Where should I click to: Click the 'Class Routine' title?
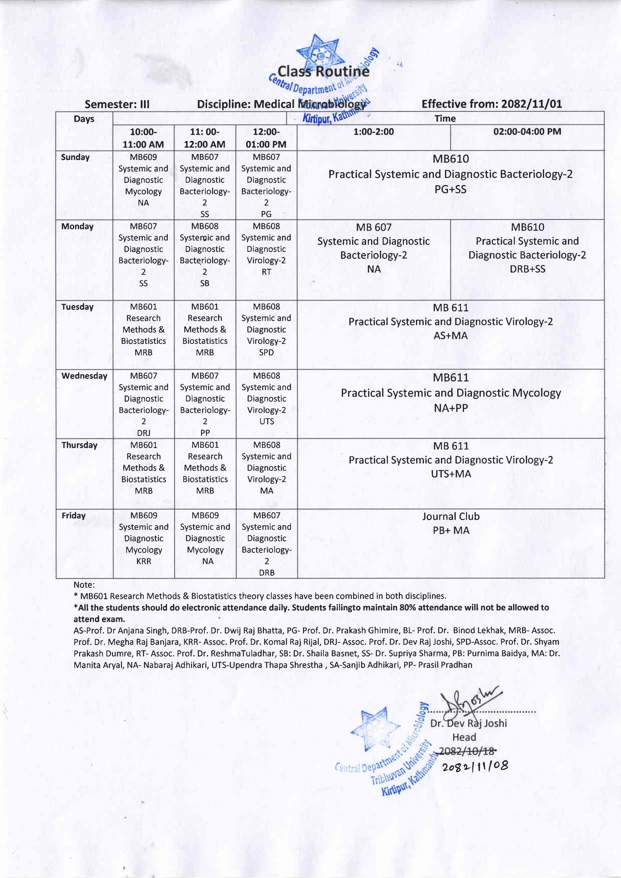click(323, 71)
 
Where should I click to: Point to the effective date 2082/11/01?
click(492, 104)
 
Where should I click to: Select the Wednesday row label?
click(84, 376)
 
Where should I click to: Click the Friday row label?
click(73, 516)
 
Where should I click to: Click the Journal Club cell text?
click(451, 517)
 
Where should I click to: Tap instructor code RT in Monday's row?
click(266, 272)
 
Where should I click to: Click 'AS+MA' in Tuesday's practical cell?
click(451, 335)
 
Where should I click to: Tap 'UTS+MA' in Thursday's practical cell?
click(451, 474)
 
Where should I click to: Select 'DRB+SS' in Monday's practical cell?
click(527, 269)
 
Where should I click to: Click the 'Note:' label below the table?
click(84, 585)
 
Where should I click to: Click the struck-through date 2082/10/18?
click(467, 751)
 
